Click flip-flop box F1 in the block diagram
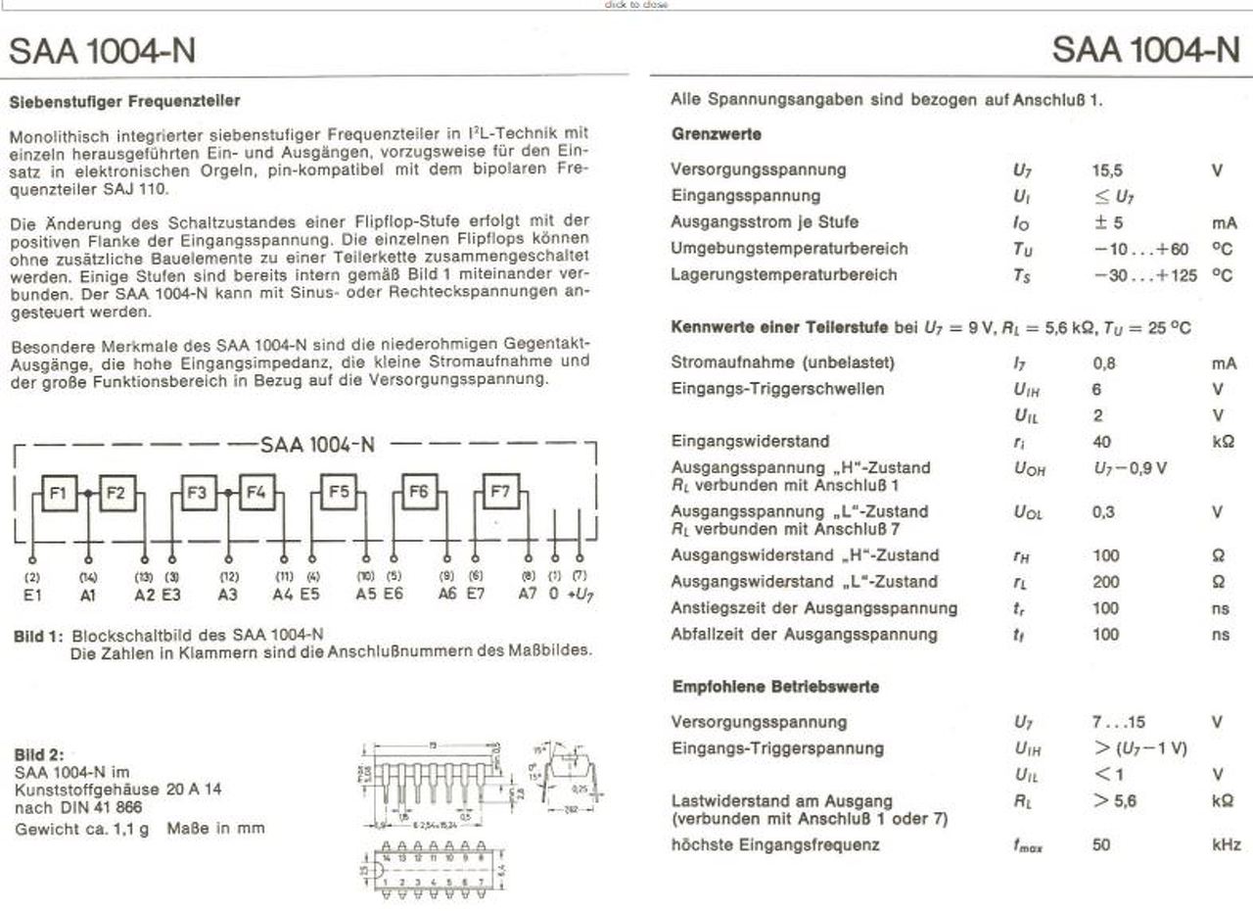(x=58, y=493)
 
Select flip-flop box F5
(x=338, y=492)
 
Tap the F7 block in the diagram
(x=500, y=492)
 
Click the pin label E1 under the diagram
(x=33, y=593)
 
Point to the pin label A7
(x=529, y=593)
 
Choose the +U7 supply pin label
(x=581, y=593)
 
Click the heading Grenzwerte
(x=717, y=133)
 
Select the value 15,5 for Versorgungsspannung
(x=1107, y=169)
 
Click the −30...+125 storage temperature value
(x=1145, y=275)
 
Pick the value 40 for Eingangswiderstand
(x=1101, y=442)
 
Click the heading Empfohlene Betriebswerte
(x=775, y=687)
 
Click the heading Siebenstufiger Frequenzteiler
(x=124, y=101)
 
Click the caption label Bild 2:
(x=39, y=755)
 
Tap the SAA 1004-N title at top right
(x=1145, y=49)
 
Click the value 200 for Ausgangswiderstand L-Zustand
(x=1106, y=582)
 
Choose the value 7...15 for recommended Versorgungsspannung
(x=1118, y=723)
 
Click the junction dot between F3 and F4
(x=228, y=493)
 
